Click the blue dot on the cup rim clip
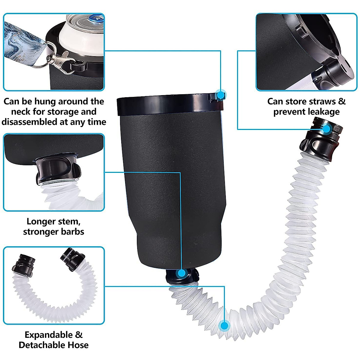point(221,95)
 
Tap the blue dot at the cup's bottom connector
point(181,273)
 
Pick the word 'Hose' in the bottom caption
point(78,345)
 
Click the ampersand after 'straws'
point(342,101)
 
